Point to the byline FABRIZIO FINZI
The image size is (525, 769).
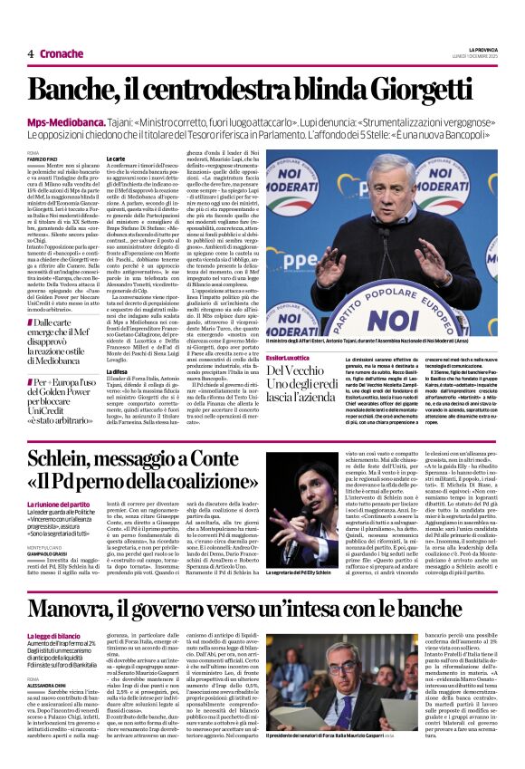[43, 159]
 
